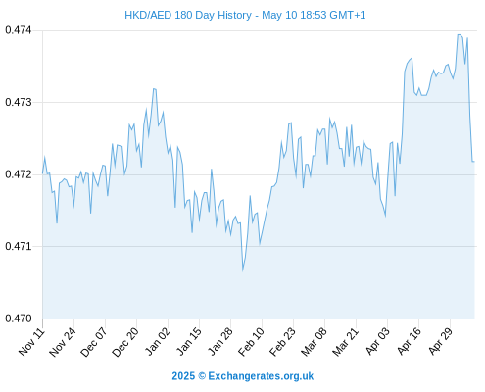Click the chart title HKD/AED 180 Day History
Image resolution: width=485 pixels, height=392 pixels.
coord(188,16)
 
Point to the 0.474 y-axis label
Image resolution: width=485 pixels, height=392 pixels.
coord(19,30)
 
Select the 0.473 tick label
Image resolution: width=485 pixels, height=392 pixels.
coord(19,102)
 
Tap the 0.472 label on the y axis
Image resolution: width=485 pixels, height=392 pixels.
coord(19,174)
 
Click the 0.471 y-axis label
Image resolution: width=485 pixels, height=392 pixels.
coord(19,246)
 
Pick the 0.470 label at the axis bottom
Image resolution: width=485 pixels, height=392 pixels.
coord(19,318)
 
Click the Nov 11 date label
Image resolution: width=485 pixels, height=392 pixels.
coord(31,342)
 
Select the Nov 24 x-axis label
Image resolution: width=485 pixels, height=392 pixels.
coord(63,342)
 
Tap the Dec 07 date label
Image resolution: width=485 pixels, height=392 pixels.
coord(94,342)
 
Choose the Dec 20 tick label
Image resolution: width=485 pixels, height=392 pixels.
coord(125,342)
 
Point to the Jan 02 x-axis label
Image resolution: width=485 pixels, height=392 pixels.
coord(158,342)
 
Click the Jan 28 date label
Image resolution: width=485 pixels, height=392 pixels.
coord(220,342)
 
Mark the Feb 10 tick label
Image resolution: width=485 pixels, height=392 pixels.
coord(251,342)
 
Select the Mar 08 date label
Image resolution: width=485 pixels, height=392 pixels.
coord(314,342)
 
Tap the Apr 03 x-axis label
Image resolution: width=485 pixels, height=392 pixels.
coord(377,342)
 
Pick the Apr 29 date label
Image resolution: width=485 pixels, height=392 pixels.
coord(440,342)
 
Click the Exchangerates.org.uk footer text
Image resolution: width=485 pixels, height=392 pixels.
coord(261,376)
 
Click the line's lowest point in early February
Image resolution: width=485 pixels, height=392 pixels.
coord(243,270)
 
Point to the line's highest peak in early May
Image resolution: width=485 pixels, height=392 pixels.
coord(459,34)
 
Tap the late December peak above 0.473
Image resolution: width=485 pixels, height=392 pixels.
coord(154,88)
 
